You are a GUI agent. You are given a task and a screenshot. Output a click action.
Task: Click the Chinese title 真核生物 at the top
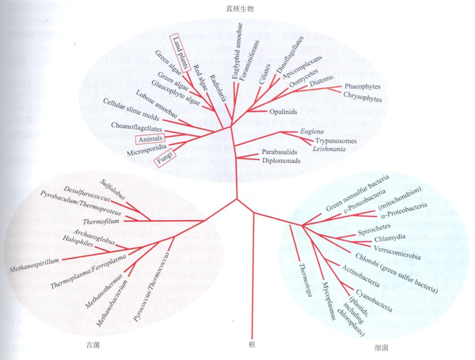coord(237,8)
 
